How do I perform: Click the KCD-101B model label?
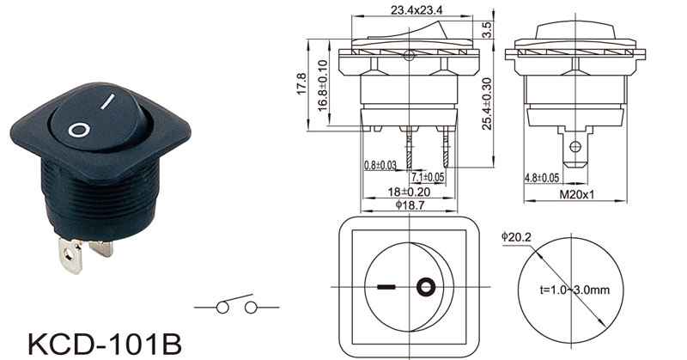point(105,344)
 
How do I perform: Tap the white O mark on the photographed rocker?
point(79,131)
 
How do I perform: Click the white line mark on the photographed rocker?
point(107,101)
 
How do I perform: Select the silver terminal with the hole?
point(70,255)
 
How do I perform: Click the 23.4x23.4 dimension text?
point(416,9)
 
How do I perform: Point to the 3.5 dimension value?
point(488,30)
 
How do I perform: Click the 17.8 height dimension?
point(302,84)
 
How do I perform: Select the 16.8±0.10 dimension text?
point(322,86)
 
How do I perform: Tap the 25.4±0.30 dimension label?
point(487,104)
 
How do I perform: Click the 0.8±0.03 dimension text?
point(380,165)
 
